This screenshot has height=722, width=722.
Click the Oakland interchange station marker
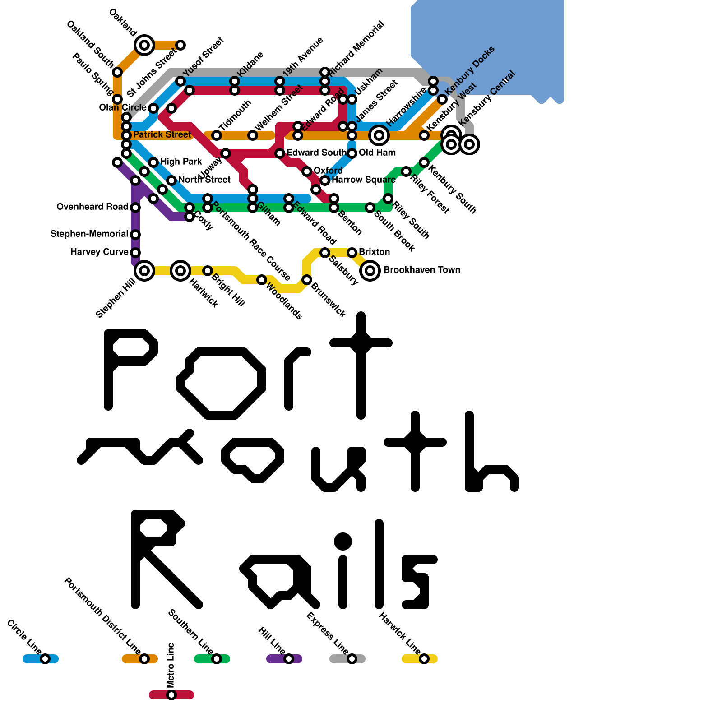[144, 45]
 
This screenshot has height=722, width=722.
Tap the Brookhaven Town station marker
[370, 271]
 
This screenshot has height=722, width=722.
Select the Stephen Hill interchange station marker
[144, 271]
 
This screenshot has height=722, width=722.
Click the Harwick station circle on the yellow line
[180, 271]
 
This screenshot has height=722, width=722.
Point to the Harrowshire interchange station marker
[379, 135]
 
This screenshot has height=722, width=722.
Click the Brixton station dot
[352, 253]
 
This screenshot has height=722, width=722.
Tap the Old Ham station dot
[352, 153]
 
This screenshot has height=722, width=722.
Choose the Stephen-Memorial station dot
[135, 235]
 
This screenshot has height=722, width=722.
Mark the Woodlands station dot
[262, 280]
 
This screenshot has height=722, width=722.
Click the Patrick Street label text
[162, 135]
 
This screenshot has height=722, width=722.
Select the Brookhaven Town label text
[422, 270]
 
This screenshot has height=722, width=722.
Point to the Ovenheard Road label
[93, 207]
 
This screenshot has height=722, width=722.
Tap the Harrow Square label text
[364, 180]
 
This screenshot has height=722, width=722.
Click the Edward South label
[316, 153]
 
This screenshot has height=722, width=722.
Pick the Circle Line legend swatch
[41, 659]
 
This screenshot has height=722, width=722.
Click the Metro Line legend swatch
[171, 695]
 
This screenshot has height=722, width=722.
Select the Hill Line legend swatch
[284, 659]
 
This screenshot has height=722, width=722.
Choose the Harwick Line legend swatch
[420, 659]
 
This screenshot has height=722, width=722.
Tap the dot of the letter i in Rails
[343, 541]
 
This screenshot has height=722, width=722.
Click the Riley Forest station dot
[406, 171]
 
